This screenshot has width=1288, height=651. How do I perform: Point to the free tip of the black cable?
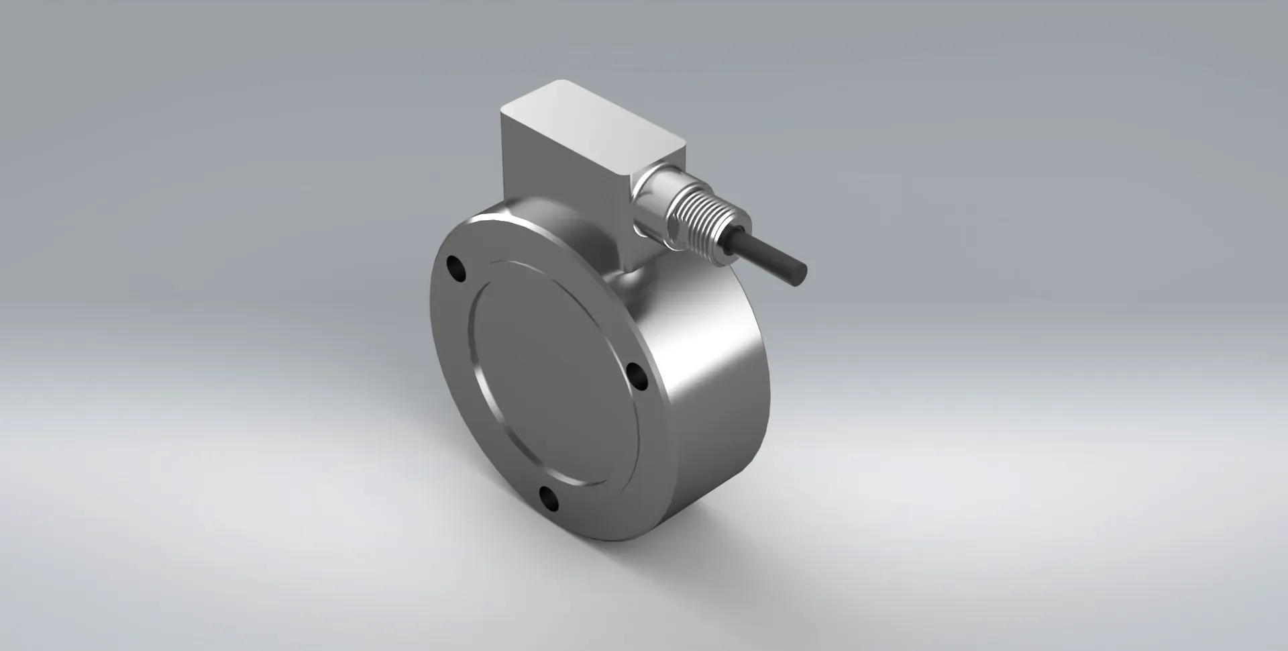tap(802, 275)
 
